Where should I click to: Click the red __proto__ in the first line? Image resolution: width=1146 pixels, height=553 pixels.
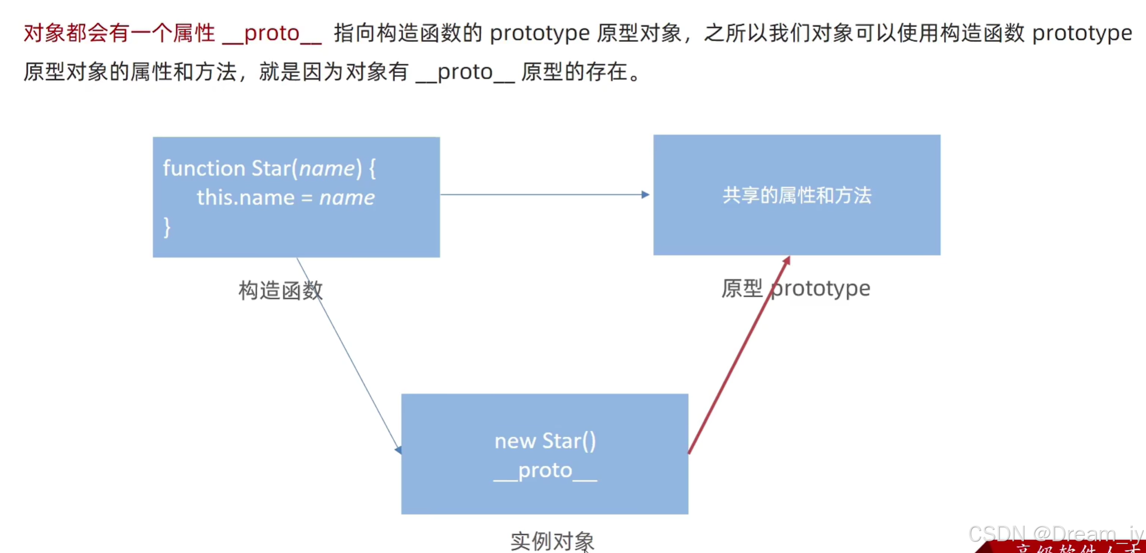[272, 33]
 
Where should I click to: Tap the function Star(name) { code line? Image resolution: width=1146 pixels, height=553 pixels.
[269, 168]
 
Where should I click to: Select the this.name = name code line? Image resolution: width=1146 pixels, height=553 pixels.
[285, 198]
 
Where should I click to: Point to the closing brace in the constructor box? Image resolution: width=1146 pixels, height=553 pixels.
[167, 227]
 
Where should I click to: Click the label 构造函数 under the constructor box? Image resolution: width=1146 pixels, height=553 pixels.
[281, 290]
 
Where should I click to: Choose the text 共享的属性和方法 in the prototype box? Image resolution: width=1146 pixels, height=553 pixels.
[796, 195]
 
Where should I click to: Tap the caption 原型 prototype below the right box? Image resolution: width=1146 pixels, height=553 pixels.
[795, 288]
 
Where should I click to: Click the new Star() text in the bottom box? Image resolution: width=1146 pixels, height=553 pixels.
[545, 441]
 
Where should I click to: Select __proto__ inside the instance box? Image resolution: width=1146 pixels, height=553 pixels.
[545, 470]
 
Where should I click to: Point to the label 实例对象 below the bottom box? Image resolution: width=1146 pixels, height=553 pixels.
[552, 541]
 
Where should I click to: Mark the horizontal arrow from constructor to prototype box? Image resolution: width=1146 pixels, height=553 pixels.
[544, 195]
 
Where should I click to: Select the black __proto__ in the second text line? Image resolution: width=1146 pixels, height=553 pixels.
[465, 72]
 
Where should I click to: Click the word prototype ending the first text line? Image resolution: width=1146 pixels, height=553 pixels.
[1082, 33]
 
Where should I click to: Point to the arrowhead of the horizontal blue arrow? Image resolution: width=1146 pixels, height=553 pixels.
[645, 195]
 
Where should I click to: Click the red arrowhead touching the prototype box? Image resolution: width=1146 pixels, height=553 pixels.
[786, 261]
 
